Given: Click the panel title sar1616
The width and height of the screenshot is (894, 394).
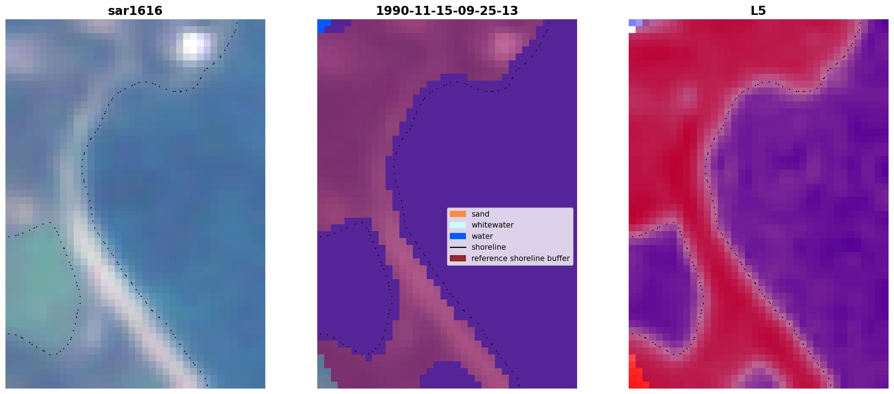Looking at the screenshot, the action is click(x=135, y=11).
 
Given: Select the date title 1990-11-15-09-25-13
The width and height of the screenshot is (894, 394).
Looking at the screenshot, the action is click(x=447, y=11).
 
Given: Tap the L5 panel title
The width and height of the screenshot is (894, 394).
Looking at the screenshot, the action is click(x=758, y=11).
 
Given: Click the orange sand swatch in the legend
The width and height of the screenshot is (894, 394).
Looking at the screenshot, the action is click(x=458, y=214).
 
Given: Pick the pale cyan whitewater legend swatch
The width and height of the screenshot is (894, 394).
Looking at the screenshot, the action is click(x=458, y=225).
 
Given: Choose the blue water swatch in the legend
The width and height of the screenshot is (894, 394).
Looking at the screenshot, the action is click(x=458, y=236).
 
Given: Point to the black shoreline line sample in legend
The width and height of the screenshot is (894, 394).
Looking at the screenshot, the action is click(x=458, y=247).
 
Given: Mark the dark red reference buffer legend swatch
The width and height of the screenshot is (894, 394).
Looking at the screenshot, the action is click(x=458, y=258).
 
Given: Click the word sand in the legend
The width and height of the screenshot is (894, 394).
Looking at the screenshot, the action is click(x=480, y=214).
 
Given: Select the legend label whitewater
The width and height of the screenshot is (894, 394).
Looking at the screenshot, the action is click(x=492, y=225).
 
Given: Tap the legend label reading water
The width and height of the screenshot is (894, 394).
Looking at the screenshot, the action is click(x=482, y=236).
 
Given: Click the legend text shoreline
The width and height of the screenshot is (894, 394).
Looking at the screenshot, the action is click(x=489, y=247).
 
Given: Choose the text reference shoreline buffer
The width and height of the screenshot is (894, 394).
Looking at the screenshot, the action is click(x=520, y=258).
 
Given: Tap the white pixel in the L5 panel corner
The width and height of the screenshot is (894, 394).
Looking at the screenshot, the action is click(x=632, y=29).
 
